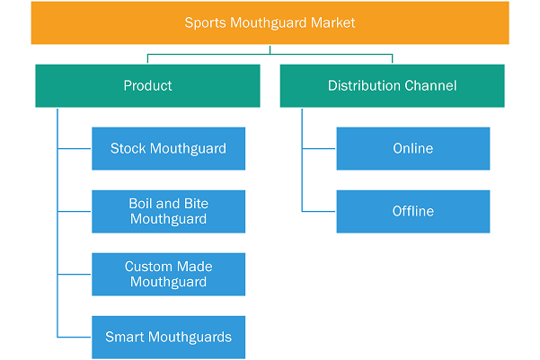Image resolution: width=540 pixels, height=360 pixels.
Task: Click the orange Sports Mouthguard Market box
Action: point(270,22)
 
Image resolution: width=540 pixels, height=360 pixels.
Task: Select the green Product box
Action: point(147,85)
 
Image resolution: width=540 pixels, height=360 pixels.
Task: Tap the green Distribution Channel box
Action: point(393,85)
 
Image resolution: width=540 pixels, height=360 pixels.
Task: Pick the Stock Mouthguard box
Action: point(168,149)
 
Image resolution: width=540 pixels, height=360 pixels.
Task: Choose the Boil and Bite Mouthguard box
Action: point(168,212)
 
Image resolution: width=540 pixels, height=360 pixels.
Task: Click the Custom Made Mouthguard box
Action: point(168,275)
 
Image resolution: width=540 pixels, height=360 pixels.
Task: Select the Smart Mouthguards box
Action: point(168,338)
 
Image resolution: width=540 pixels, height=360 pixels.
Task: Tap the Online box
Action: point(413,149)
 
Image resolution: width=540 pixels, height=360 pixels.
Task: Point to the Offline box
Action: point(413,212)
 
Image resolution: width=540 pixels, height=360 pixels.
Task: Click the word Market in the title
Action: point(332,22)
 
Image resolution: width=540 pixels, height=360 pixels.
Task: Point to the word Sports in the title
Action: point(205,23)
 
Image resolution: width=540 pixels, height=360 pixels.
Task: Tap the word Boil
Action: point(141,204)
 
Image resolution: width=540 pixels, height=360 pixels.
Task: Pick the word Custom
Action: point(148,267)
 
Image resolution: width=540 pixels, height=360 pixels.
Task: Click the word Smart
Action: point(125,338)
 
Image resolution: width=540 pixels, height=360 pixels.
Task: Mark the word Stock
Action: point(128,149)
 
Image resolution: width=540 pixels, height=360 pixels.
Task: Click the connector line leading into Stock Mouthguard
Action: point(74,149)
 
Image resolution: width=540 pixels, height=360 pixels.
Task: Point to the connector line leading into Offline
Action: point(318,211)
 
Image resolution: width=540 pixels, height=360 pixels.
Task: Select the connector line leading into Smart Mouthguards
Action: point(74,337)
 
